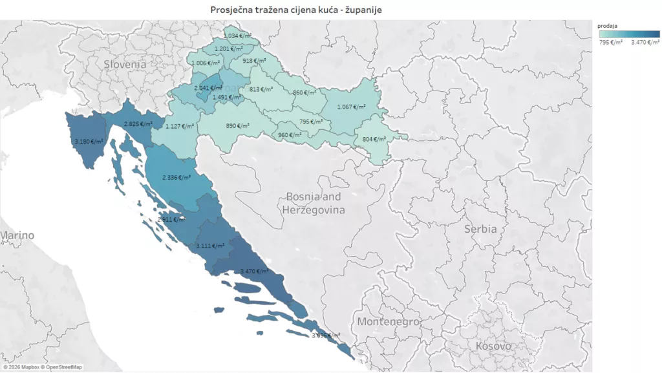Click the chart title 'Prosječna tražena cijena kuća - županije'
(x=300, y=10)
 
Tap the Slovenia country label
(x=125, y=64)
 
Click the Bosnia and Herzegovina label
(x=314, y=203)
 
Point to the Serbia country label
(x=480, y=229)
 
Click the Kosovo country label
(x=493, y=346)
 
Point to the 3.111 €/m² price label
(x=211, y=246)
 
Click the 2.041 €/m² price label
(x=208, y=87)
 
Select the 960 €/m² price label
(x=290, y=135)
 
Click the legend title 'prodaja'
(x=608, y=26)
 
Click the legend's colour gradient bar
(x=628, y=34)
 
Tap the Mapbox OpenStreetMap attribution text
(x=42, y=367)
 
